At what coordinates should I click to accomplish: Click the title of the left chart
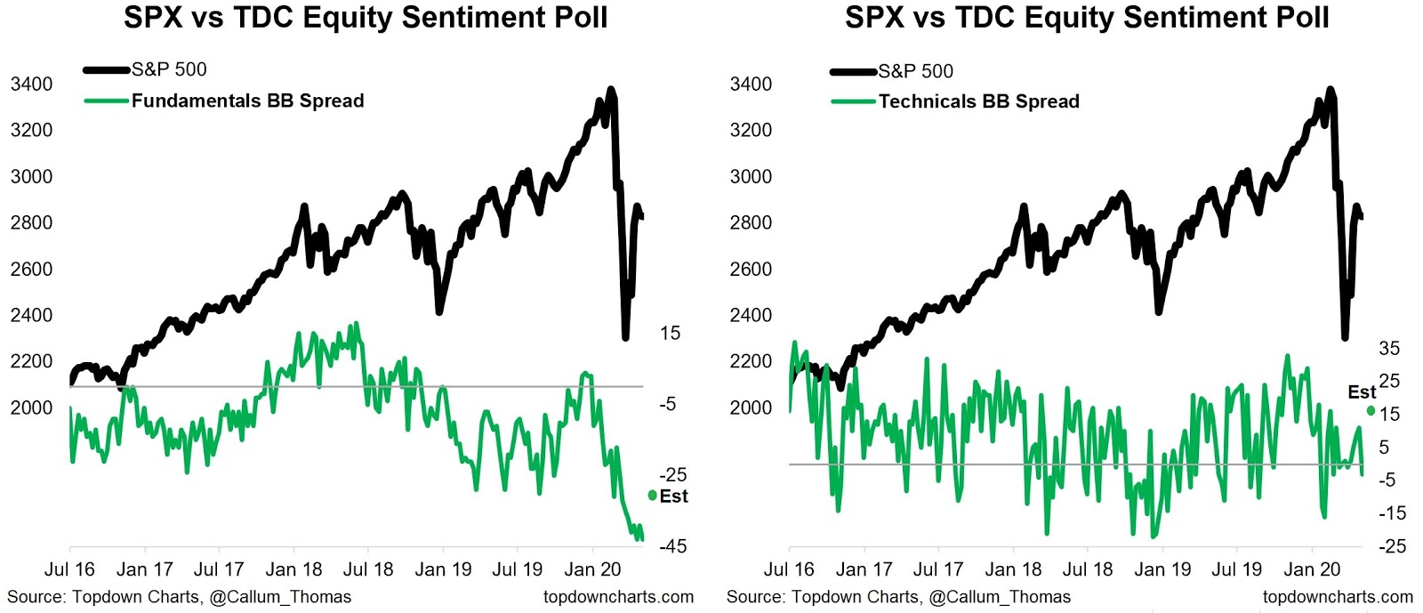click(x=366, y=17)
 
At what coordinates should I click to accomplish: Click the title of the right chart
click(x=1087, y=17)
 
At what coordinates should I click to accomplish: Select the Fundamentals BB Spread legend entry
click(x=247, y=101)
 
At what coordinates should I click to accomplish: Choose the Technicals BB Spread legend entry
click(x=978, y=102)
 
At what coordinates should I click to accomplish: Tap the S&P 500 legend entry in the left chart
click(x=169, y=69)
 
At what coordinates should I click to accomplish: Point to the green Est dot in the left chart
click(x=653, y=496)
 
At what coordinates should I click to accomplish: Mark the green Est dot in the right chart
click(x=1371, y=410)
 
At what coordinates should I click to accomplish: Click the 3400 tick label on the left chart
click(x=31, y=85)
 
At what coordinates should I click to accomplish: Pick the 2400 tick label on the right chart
click(x=751, y=315)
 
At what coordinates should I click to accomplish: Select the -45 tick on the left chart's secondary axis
click(x=672, y=546)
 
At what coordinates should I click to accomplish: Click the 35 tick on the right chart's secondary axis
click(x=1388, y=349)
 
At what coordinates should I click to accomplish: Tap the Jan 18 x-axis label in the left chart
click(x=293, y=569)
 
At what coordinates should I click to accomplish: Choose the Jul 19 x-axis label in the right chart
click(x=1237, y=569)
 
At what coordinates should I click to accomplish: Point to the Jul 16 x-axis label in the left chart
click(x=69, y=569)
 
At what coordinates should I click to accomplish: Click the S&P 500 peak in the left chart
click(x=610, y=90)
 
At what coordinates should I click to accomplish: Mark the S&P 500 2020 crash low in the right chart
click(x=1345, y=337)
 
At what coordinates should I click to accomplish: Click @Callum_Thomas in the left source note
click(x=280, y=597)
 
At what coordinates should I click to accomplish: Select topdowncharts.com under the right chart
click(x=1338, y=597)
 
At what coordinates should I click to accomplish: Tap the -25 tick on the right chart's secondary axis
click(x=1392, y=545)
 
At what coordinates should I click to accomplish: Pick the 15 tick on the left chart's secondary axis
click(x=670, y=334)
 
